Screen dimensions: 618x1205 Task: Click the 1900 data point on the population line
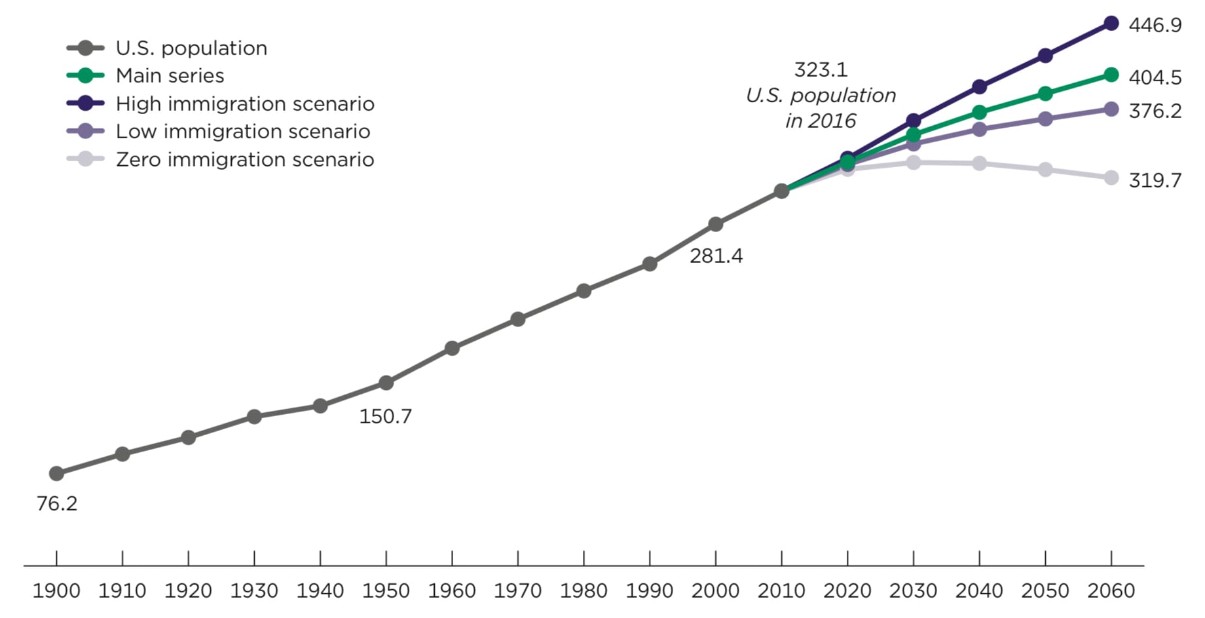(56, 473)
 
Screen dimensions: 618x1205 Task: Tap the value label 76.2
(56, 503)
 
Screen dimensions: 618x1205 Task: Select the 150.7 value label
(385, 416)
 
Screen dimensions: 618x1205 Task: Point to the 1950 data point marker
(386, 383)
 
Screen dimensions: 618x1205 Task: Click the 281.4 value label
(716, 256)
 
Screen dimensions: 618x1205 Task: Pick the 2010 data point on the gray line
(781, 191)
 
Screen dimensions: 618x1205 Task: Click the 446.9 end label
(1155, 25)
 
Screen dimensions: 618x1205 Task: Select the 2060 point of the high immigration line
(1111, 24)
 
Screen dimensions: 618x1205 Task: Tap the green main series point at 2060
(1111, 75)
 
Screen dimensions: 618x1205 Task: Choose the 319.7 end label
(1155, 180)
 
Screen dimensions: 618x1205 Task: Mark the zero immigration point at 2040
(979, 163)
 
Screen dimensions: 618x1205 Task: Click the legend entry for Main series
(170, 75)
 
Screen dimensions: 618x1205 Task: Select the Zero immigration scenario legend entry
(244, 159)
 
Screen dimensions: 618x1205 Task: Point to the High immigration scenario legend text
(245, 104)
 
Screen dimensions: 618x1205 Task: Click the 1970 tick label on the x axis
(517, 590)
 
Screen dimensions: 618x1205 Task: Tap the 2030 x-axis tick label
(913, 590)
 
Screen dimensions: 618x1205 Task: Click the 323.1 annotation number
(821, 69)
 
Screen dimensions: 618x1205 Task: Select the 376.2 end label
(1155, 111)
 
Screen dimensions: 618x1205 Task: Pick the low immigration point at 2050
(1045, 119)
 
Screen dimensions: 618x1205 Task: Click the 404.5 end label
(1155, 77)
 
